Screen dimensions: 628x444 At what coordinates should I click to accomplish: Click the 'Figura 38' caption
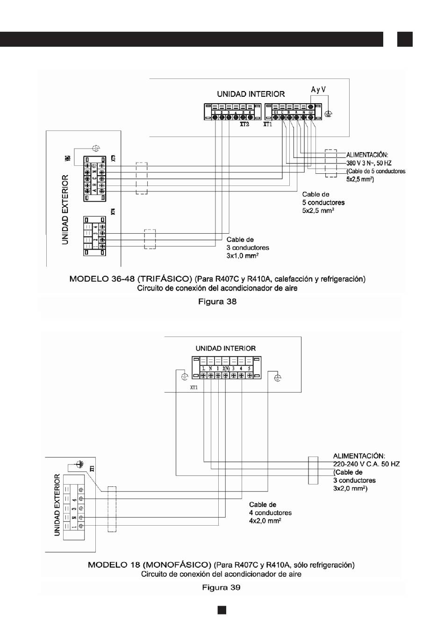tap(217, 302)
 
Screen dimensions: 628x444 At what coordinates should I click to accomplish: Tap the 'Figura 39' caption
tap(221, 587)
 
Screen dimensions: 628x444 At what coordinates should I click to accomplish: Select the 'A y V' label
tap(318, 89)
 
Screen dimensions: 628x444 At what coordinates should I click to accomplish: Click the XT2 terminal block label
tap(244, 125)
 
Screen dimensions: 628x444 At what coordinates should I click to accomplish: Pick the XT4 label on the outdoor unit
tap(114, 211)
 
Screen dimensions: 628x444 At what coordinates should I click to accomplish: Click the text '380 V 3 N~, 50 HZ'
tap(369, 163)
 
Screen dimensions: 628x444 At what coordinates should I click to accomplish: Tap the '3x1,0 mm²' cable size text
tap(243, 256)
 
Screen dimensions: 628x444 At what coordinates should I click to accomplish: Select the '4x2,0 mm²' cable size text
tap(265, 521)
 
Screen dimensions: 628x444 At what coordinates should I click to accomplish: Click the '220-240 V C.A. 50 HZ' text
tap(366, 464)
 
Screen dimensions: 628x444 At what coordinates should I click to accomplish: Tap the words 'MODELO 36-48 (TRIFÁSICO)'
tap(130, 279)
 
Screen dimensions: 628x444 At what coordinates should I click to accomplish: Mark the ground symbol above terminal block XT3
tap(96, 148)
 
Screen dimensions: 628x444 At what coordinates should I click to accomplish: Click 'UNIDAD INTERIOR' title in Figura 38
tap(251, 94)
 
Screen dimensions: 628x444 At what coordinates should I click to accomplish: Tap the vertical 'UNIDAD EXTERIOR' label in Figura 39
tap(57, 505)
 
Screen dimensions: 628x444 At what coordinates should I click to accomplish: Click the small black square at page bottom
tap(222, 610)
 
